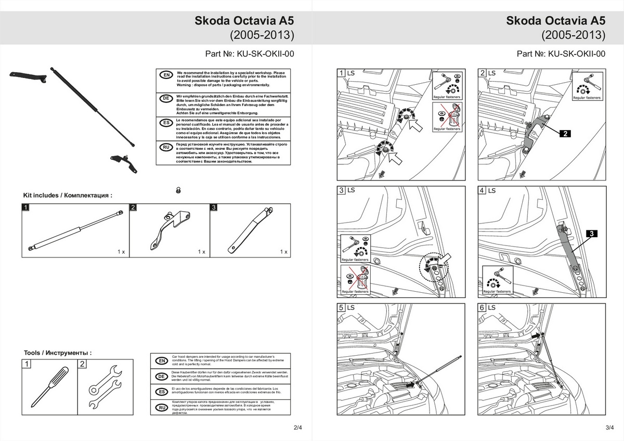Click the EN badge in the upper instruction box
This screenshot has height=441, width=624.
166,75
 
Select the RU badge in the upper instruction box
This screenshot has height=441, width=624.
166,147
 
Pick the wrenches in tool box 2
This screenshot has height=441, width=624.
105,388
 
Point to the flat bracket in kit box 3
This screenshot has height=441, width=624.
250,230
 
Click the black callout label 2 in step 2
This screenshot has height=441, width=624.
565,134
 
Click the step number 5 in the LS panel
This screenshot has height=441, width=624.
342,308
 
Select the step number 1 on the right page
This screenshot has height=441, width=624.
342,73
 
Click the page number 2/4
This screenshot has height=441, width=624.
297,427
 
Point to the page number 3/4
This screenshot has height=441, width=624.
609,427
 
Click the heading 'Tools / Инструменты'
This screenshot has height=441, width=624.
58,353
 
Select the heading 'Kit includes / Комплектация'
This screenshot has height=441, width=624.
68,196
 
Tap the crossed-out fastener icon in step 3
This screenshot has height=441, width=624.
356,280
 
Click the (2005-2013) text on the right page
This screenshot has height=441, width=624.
574,35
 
